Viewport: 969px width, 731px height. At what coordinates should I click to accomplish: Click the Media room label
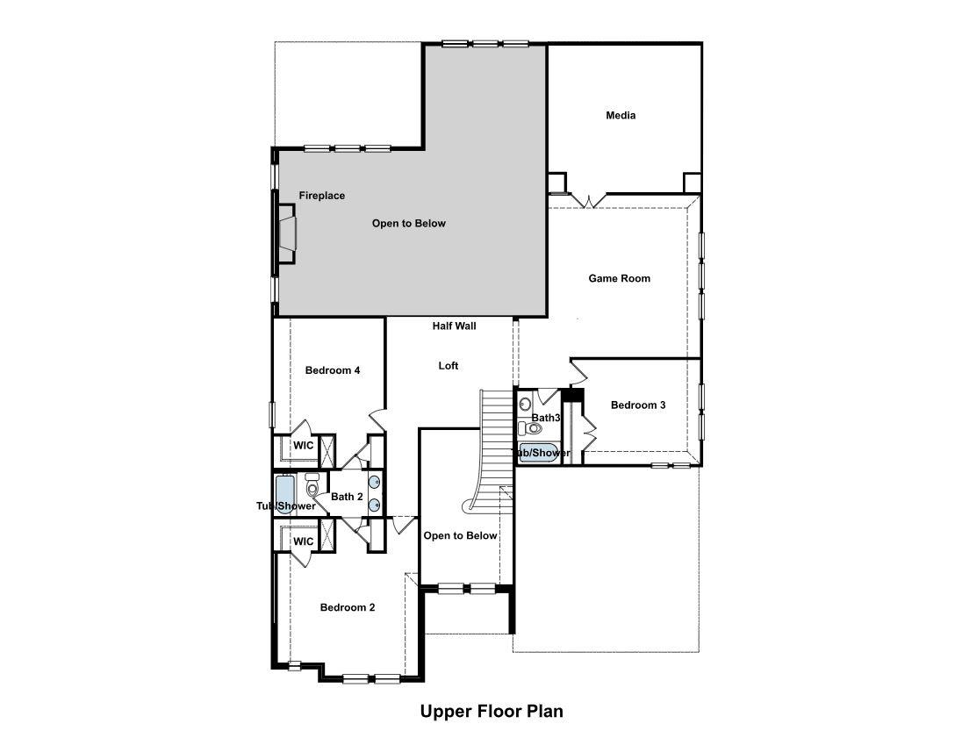(x=621, y=116)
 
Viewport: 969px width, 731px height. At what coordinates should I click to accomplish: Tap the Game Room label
(x=619, y=278)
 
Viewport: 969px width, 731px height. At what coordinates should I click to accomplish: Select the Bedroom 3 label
(x=638, y=405)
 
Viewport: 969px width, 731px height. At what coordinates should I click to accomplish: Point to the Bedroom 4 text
(x=333, y=370)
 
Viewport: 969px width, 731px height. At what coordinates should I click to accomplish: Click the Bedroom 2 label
(x=348, y=607)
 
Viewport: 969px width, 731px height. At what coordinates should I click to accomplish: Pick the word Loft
(x=449, y=366)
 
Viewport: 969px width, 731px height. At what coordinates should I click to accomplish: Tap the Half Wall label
(x=454, y=326)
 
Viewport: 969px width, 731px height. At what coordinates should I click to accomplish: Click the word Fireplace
(x=321, y=196)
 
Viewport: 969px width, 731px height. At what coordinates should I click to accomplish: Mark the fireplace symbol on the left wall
(x=287, y=234)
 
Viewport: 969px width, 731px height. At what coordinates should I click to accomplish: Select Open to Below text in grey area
(x=408, y=224)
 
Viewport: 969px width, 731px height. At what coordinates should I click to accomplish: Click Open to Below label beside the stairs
(x=460, y=535)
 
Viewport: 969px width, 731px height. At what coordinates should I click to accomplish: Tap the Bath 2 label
(x=347, y=497)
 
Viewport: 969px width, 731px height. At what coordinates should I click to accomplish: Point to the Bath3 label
(x=545, y=418)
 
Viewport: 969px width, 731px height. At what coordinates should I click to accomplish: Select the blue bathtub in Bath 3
(x=534, y=453)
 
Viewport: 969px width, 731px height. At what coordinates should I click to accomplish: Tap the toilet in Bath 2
(x=312, y=488)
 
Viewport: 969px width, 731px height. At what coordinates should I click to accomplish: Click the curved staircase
(x=492, y=448)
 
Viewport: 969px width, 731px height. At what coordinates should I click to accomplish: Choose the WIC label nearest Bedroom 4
(x=303, y=446)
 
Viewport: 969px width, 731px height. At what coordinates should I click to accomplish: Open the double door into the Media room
(x=586, y=201)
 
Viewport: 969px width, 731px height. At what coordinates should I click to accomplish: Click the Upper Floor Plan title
(x=491, y=711)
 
